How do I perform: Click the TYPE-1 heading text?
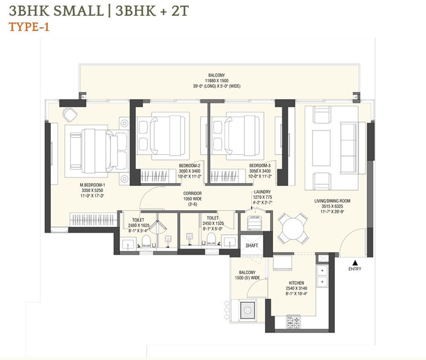[29, 27]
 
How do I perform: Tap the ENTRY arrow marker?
[355, 263]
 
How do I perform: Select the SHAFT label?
[252, 246]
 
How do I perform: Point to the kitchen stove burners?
[294, 322]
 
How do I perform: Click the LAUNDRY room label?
[262, 192]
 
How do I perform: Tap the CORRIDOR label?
[193, 194]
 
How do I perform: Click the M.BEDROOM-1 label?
[92, 185]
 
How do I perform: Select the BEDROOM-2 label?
[190, 166]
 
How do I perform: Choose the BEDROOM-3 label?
[260, 166]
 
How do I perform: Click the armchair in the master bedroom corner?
[69, 114]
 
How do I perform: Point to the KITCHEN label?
[296, 283]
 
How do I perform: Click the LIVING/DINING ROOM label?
[332, 201]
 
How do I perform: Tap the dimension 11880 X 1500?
[216, 80]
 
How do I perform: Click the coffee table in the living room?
[321, 148]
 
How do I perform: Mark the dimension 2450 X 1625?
[139, 226]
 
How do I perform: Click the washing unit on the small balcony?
[248, 310]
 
